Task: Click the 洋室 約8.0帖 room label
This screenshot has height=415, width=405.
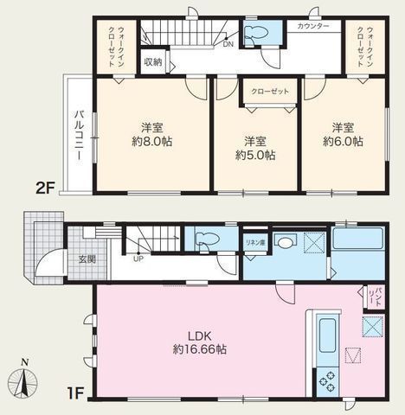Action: coord(153,134)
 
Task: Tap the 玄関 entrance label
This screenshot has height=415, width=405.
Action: coord(76,259)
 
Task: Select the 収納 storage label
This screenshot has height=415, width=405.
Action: coord(152,62)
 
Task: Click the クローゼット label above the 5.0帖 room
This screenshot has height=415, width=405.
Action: coord(269,91)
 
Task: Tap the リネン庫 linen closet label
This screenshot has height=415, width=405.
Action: coord(255,242)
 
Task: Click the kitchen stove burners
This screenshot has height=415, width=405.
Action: coord(330,380)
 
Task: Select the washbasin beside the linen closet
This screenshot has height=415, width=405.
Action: coord(287,243)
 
